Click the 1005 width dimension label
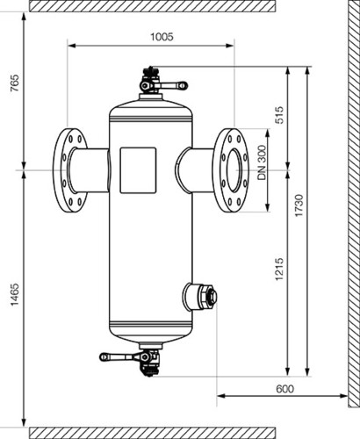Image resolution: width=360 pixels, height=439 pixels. [x=162, y=37]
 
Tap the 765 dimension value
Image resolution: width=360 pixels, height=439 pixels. [x=15, y=83]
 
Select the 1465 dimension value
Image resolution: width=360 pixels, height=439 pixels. [x=15, y=294]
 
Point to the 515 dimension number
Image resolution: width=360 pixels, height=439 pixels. [x=279, y=115]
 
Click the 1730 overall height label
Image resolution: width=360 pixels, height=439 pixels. [x=299, y=205]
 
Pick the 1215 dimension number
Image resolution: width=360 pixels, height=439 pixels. [x=279, y=269]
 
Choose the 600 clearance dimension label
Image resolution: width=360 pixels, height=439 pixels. [x=284, y=389]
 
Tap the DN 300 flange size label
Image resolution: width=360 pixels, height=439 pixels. [x=263, y=162]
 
